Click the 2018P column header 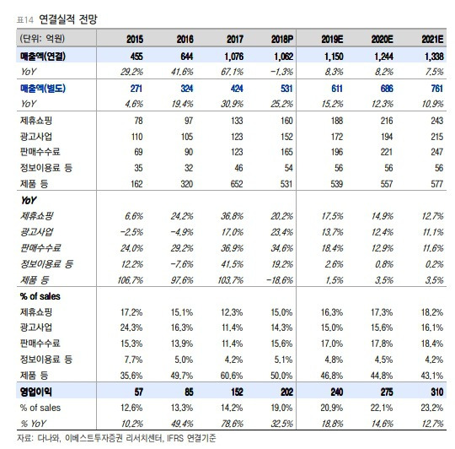click(282, 39)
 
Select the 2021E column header click(432, 39)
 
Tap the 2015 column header click(135, 39)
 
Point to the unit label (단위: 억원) click(42, 39)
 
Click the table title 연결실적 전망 click(68, 19)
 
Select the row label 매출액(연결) click(43, 56)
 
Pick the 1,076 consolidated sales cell click(234, 57)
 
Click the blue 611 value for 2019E click(337, 89)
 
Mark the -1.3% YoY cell click(281, 72)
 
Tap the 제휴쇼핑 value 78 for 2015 click(138, 121)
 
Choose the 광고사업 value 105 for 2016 click(187, 137)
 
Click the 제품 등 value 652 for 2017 click(237, 184)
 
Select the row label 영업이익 click(36, 392)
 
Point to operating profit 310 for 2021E click(437, 392)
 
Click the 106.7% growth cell click(131, 280)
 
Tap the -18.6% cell click(280, 280)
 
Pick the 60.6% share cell click(232, 376)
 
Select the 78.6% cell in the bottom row click(233, 424)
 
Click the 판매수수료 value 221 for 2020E click(387, 152)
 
